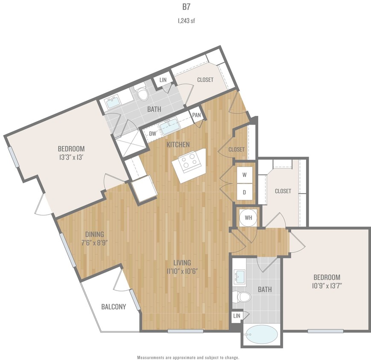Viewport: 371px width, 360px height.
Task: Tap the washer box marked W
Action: (x=245, y=174)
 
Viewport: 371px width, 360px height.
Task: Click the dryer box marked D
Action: (x=245, y=192)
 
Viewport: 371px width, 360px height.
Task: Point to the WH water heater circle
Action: (x=248, y=218)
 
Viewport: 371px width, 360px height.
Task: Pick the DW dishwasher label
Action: (x=152, y=134)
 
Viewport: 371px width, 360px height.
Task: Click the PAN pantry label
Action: (x=196, y=115)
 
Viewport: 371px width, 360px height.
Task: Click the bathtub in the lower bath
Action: (x=260, y=334)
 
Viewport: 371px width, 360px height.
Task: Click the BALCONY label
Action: (x=114, y=307)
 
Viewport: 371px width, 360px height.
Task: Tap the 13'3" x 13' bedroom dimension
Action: (x=71, y=157)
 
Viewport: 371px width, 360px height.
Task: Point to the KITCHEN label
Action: (x=178, y=145)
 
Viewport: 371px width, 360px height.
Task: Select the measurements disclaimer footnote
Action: (x=188, y=357)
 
